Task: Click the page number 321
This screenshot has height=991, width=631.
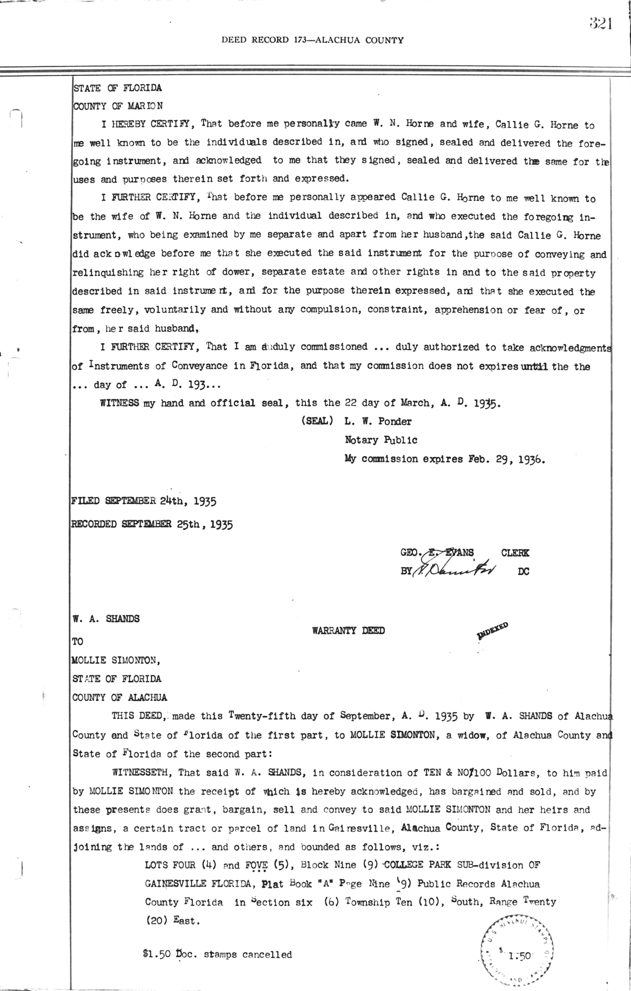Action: [x=600, y=24]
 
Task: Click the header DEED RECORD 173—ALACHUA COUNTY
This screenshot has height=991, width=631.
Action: [x=312, y=40]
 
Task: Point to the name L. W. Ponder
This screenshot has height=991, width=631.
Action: [x=378, y=421]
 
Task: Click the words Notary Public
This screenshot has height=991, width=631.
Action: [x=381, y=440]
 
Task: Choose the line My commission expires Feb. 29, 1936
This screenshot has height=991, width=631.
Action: [x=445, y=459]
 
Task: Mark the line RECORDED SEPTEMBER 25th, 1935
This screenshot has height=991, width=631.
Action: [x=152, y=524]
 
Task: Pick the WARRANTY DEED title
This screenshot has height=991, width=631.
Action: [x=348, y=630]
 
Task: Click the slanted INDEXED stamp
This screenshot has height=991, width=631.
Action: [x=492, y=630]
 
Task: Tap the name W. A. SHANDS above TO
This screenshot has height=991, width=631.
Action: [x=106, y=619]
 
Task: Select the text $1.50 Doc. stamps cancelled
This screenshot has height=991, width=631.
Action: [x=217, y=955]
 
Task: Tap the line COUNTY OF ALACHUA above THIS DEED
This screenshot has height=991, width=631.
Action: [x=120, y=697]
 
